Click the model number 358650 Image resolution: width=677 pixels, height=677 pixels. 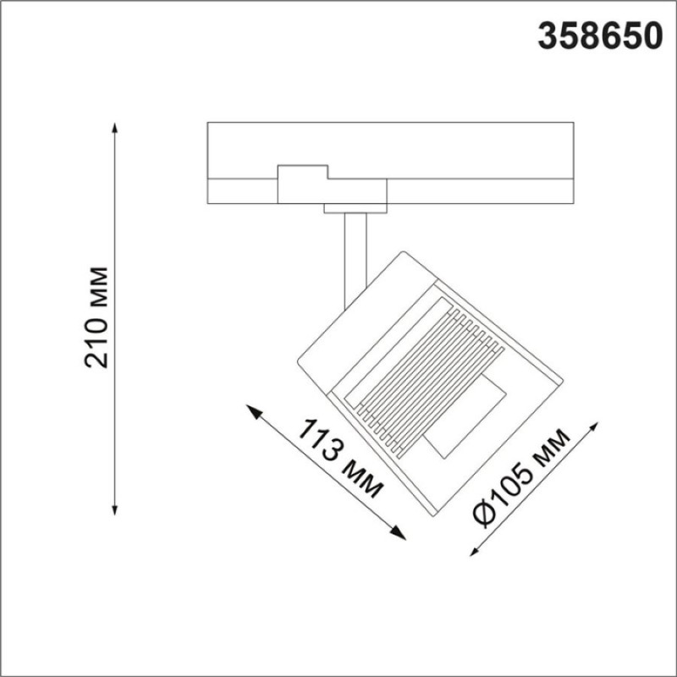(x=600, y=36)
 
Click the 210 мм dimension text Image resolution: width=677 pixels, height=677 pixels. (x=96, y=317)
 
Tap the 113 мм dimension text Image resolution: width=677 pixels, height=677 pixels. (x=340, y=459)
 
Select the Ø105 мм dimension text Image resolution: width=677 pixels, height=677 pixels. (x=521, y=478)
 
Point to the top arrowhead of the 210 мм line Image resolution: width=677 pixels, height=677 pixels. (x=114, y=129)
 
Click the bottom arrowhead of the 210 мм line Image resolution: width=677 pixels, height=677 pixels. (x=114, y=509)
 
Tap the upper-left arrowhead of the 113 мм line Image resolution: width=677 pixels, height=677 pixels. (x=253, y=411)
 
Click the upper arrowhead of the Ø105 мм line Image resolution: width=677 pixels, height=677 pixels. (x=594, y=427)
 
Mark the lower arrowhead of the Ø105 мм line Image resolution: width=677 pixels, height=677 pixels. (x=475, y=551)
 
